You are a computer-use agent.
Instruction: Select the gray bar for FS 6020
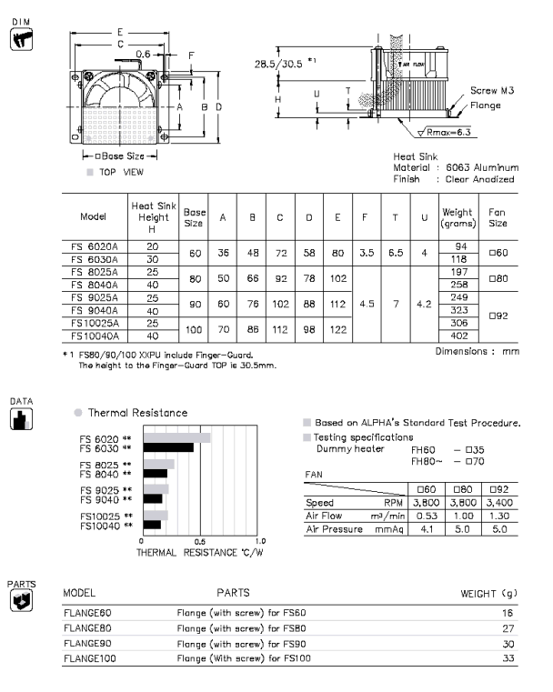tap(178, 438)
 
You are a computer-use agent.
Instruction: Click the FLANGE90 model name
tap(88, 642)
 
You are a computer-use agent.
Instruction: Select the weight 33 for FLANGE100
tap(508, 657)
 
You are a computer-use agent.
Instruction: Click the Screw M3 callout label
tap(496, 90)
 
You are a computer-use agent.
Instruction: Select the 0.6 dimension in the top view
tap(143, 54)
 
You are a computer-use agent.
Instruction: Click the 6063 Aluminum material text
tap(480, 167)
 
